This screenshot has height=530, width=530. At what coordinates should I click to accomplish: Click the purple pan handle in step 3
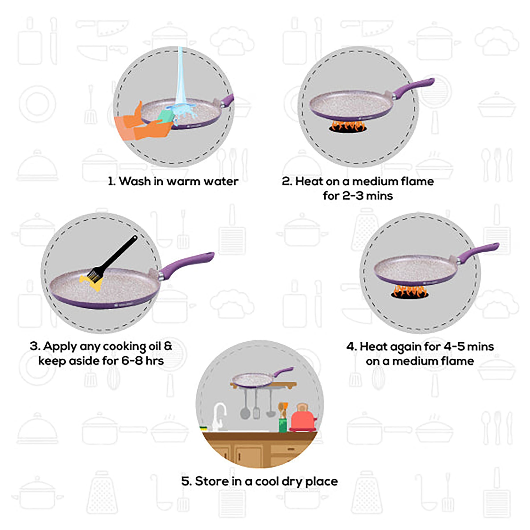189,262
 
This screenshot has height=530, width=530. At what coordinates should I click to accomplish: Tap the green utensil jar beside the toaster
283,424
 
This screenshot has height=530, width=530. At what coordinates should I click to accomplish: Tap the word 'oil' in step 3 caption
155,346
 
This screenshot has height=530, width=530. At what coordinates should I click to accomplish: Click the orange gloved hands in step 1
143,126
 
